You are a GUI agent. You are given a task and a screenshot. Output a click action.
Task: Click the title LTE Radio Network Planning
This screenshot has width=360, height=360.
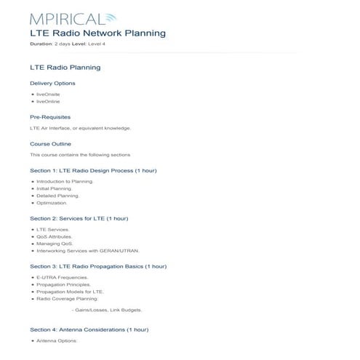pyautogui.click(x=97, y=33)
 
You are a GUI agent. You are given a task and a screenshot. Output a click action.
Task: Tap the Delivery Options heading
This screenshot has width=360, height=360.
pyautogui.click(x=52, y=83)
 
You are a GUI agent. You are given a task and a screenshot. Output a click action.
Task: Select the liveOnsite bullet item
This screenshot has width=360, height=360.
pyautogui.click(x=49, y=95)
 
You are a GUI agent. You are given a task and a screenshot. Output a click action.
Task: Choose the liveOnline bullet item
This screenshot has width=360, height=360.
pyautogui.click(x=49, y=102)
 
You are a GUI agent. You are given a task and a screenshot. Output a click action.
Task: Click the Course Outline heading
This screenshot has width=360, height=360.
pyautogui.click(x=50, y=143)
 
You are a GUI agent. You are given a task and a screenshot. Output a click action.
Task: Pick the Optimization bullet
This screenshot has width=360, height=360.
pyautogui.click(x=52, y=203)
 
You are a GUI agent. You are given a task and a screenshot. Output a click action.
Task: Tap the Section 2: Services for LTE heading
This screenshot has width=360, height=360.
pyautogui.click(x=79, y=218)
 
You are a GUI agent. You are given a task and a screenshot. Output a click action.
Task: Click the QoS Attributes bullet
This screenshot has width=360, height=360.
pyautogui.click(x=55, y=236)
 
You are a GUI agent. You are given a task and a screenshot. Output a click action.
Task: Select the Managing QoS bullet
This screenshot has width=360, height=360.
pyautogui.click(x=55, y=244)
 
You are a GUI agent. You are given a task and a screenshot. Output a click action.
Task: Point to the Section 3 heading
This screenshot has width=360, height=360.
pyautogui.click(x=98, y=266)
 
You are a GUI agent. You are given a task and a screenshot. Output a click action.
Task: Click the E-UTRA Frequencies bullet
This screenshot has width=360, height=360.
pyautogui.click(x=62, y=277)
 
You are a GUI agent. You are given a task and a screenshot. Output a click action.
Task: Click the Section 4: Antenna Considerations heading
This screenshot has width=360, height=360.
pyautogui.click(x=89, y=329)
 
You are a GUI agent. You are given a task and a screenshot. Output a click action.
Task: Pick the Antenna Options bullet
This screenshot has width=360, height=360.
pyautogui.click(x=56, y=340)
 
